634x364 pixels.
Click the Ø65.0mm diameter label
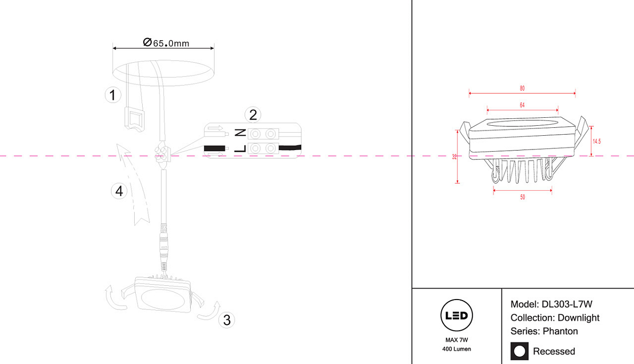point(166,43)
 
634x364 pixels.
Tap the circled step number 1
point(112,96)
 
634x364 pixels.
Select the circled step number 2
point(253,114)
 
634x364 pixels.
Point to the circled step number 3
point(227,320)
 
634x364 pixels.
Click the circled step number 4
point(119,191)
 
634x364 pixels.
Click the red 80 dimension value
point(522,88)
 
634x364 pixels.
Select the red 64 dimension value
point(522,105)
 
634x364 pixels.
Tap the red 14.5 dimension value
point(597,141)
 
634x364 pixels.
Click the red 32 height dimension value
point(454,156)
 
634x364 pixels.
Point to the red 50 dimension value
point(523,197)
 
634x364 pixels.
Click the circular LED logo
point(456,316)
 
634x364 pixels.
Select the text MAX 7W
point(456,340)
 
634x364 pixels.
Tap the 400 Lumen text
point(456,349)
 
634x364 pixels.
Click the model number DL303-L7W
point(567,304)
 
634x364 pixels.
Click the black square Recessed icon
point(519,351)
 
